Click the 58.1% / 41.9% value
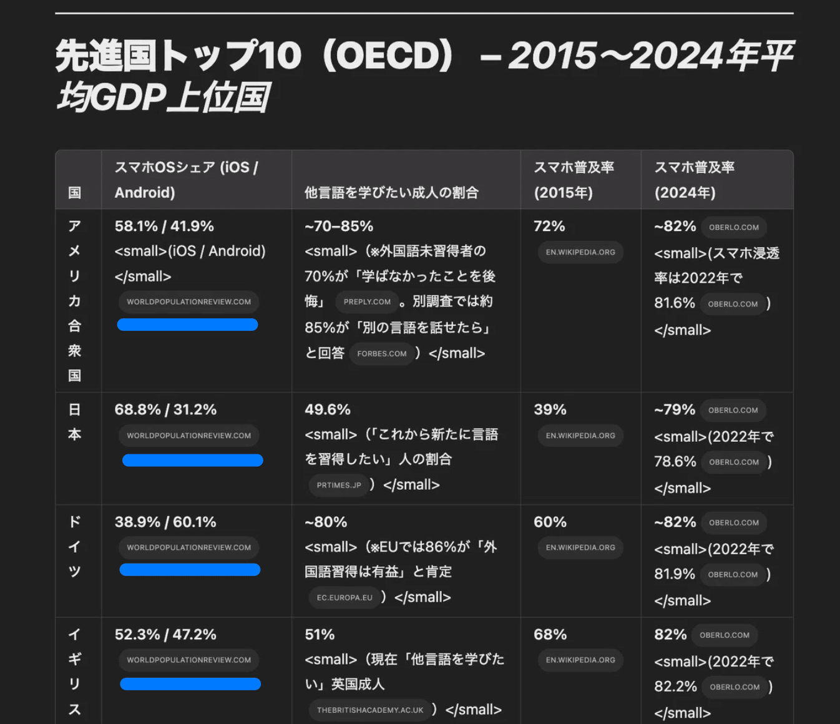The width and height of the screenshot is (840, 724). pos(164,226)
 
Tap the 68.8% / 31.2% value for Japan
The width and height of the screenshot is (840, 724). pos(165,409)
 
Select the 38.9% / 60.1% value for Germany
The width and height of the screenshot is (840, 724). pos(165,522)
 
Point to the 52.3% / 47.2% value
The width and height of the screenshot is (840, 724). pos(165,634)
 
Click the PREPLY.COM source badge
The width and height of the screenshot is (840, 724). pos(367,302)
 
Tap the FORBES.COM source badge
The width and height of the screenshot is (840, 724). pos(381,354)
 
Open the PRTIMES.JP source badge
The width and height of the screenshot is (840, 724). pos(339,485)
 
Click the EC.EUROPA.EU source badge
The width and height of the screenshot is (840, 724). pos(344,597)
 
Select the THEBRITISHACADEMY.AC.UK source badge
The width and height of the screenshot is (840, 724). pos(370,710)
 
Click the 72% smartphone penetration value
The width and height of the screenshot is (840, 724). pos(549,226)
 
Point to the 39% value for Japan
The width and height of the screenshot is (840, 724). pos(550,409)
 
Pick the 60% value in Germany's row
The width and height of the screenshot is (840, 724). pos(550,522)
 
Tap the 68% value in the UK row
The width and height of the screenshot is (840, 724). pos(550,634)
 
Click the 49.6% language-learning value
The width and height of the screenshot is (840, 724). pos(328,409)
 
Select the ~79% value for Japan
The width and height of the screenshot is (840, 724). pos(674,409)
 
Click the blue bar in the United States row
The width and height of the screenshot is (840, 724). pos(187,325)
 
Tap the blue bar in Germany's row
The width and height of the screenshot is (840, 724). pos(190,570)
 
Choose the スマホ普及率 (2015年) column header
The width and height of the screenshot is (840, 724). pos(574,180)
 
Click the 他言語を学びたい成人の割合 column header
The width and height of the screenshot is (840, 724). pos(391,192)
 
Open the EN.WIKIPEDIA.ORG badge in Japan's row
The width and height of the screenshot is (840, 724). pos(580,436)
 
